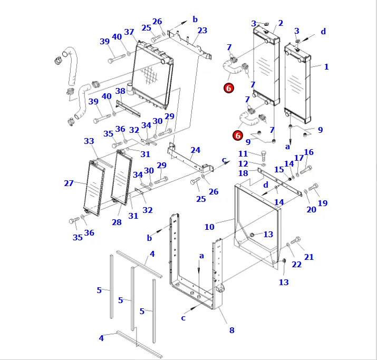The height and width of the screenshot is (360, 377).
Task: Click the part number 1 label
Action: coord(326,67)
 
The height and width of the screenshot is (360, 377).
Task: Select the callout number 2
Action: coord(281,23)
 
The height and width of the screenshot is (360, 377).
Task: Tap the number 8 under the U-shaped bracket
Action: coord(231,330)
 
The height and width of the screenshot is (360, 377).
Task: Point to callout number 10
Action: coord(209,227)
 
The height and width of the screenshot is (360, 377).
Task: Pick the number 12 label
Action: coord(243,164)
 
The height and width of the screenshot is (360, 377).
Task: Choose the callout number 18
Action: coord(243,173)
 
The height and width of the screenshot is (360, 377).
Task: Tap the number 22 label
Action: coord(297,265)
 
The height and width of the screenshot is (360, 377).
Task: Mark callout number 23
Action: coord(202,31)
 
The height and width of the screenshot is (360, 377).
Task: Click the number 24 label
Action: coord(196,150)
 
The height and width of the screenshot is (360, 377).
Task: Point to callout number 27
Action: coord(69,183)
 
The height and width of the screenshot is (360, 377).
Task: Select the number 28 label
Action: coord(117,222)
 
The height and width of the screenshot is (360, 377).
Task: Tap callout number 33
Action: coord(89,141)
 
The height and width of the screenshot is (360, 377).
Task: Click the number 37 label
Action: coord(129,32)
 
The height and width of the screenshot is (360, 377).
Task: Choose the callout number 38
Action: coord(120,91)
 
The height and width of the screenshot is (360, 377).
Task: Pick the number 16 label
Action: coord(308,152)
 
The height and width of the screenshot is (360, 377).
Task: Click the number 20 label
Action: coord(311,210)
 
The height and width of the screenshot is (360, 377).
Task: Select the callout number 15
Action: coord(279,170)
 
